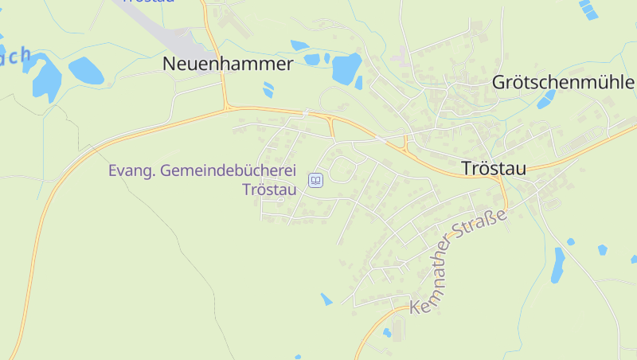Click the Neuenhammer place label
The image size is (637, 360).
[x=229, y=65]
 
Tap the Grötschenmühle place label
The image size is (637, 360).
[x=563, y=82]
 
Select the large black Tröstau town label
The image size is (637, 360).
[x=494, y=169]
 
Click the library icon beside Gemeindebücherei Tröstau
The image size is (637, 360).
[x=316, y=181]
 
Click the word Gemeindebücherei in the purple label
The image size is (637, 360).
[x=227, y=171]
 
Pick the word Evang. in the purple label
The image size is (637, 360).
[x=131, y=171]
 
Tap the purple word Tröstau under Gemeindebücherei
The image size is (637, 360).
[x=268, y=190]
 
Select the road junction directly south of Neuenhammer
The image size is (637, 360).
[x=227, y=107]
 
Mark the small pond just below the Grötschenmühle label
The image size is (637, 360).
[x=546, y=100]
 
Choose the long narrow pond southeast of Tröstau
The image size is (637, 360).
[x=558, y=265]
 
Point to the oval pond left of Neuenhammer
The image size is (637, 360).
[x=86, y=71]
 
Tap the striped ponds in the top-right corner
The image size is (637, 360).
[x=588, y=9]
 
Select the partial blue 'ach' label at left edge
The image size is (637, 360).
[x=14, y=57]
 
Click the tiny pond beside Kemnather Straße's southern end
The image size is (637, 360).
[x=387, y=333]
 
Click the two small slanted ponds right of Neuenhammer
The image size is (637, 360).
[x=268, y=89]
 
